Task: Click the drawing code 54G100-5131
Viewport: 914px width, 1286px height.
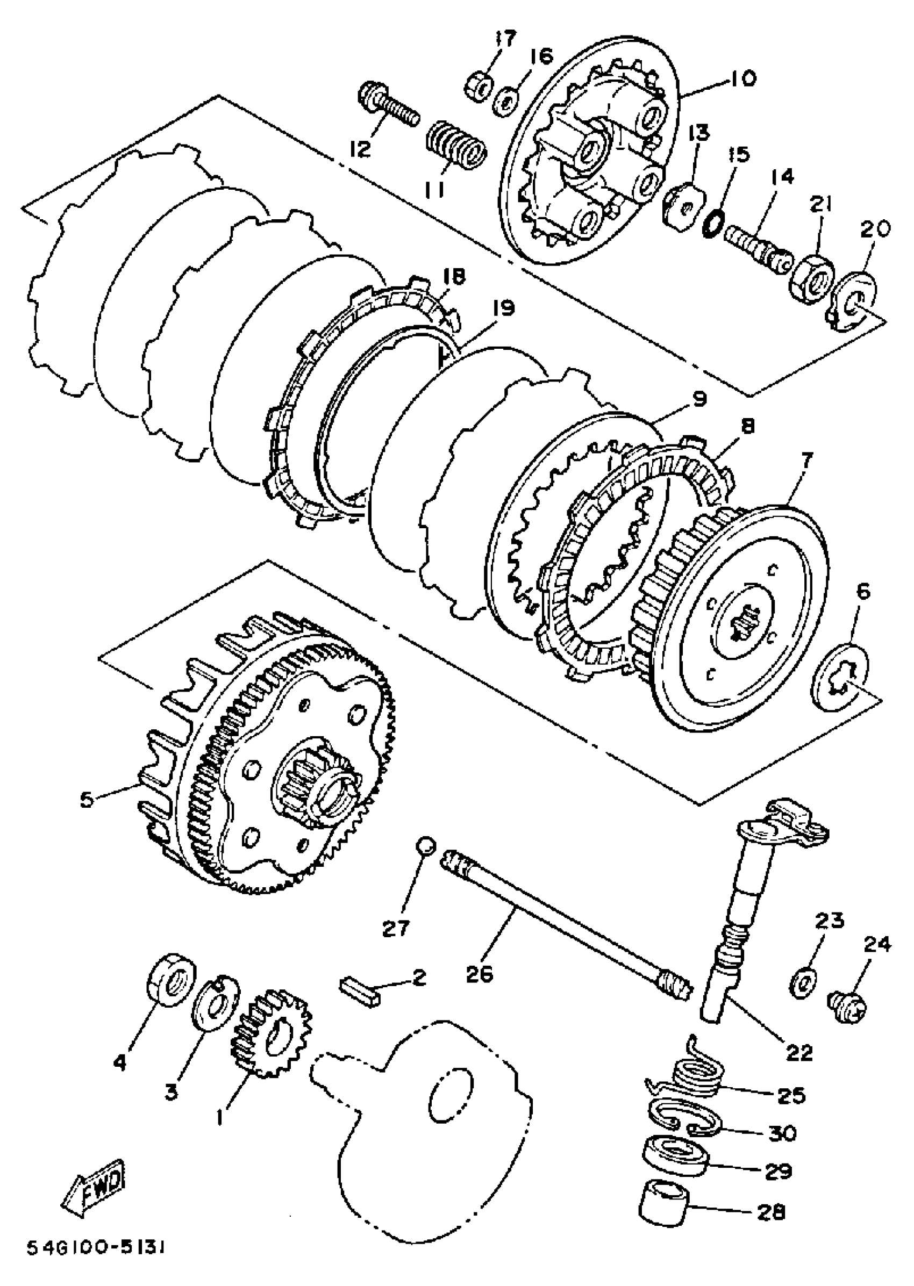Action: click(96, 1263)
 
